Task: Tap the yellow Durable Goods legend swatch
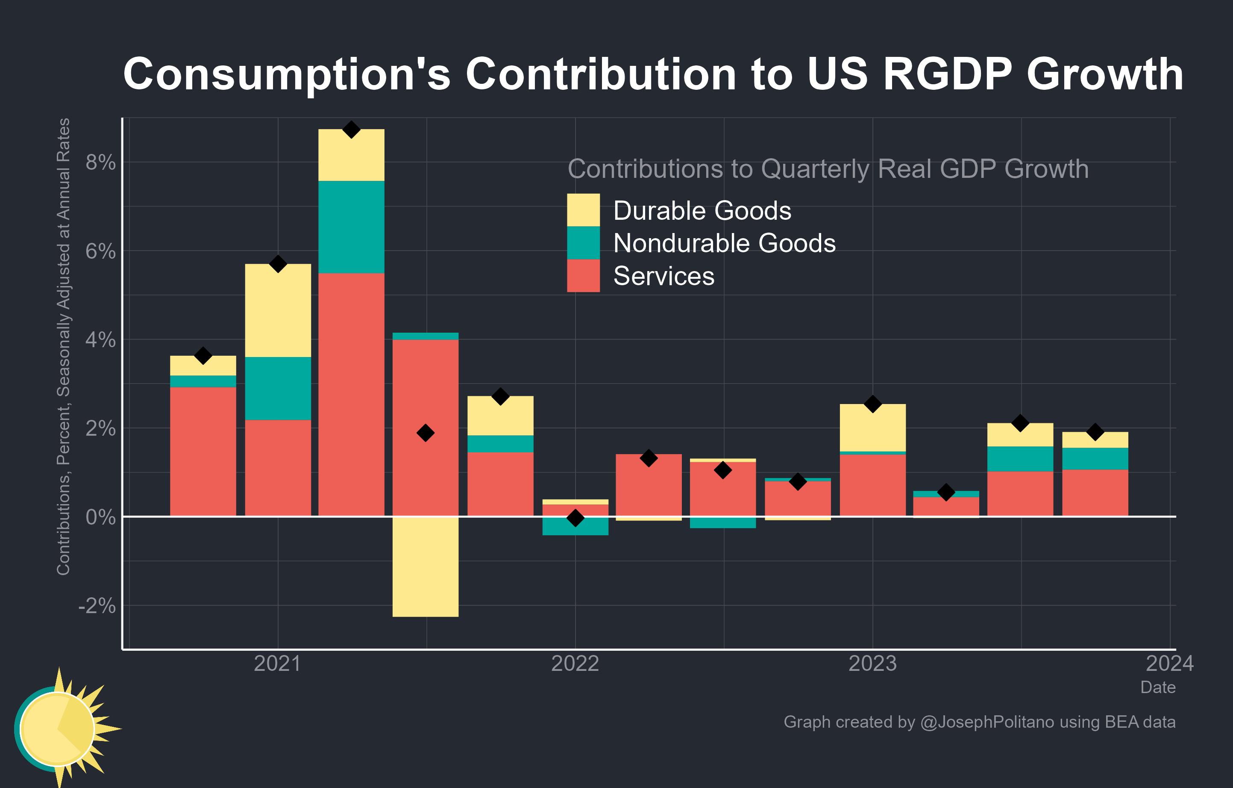[583, 210]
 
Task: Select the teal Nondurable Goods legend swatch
[583, 242]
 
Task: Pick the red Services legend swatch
[583, 276]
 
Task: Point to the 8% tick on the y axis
[100, 162]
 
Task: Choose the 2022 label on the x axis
[575, 664]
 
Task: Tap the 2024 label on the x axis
[1169, 664]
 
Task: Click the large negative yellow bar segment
[425, 566]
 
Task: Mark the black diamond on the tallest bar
[351, 130]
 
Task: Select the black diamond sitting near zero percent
[575, 518]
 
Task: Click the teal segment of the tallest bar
[351, 227]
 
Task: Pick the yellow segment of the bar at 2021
[278, 310]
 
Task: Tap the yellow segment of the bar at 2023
[872, 428]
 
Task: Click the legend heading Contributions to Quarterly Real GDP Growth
[828, 169]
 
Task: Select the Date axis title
[1158, 687]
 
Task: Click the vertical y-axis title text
[64, 346]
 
